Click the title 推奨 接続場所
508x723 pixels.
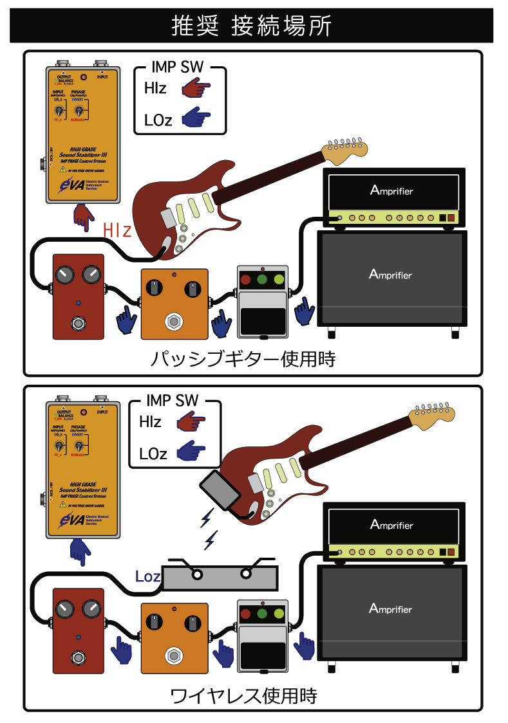(252, 26)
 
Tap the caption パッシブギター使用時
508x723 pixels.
(243, 358)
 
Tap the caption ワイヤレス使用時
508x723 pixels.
(243, 695)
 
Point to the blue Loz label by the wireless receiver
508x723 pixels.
(147, 576)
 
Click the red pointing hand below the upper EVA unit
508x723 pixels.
(83, 217)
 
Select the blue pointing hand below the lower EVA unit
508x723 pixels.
(80, 551)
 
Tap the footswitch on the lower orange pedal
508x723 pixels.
(173, 655)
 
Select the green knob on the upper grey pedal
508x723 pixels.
(262, 280)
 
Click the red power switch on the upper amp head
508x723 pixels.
(451, 218)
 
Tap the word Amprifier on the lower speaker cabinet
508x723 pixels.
(390, 608)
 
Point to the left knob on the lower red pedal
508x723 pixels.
(65, 609)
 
